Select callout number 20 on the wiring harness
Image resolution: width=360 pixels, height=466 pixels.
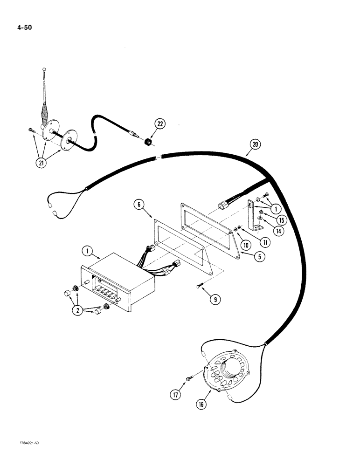tap(255, 145)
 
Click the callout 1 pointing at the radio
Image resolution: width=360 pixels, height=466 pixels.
tap(86, 251)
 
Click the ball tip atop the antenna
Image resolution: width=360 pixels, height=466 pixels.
tap(44, 70)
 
